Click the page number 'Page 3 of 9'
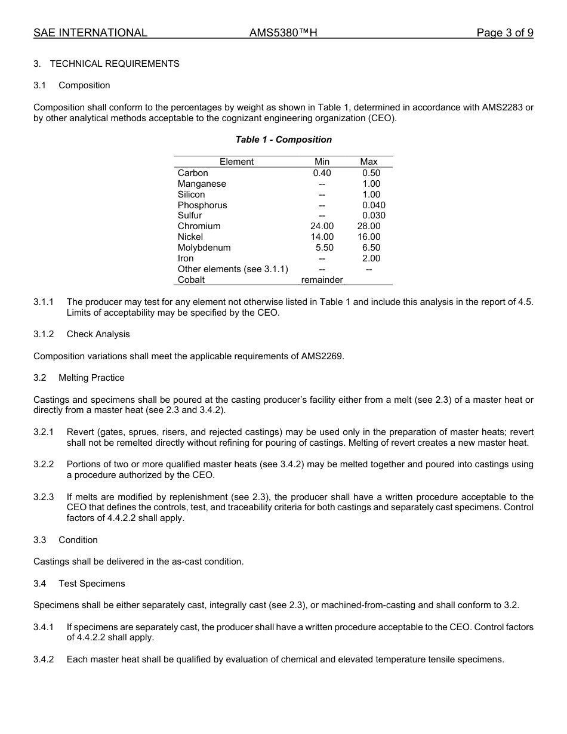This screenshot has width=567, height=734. pos(504,33)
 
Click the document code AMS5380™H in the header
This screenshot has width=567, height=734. pos(283,33)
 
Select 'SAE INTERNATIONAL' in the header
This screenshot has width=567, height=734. pos(90,33)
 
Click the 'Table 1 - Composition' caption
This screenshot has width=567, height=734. pos(283,140)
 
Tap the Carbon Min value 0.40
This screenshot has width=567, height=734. pos(322,173)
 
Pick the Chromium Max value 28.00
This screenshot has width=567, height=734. pos(369,226)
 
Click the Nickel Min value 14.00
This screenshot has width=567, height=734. pos(322,237)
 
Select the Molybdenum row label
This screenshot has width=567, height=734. pos(204,248)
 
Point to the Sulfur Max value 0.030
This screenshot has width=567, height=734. pos(374,215)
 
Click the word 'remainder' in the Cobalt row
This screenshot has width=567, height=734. pos(322,280)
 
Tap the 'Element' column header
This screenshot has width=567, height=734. pos(236,162)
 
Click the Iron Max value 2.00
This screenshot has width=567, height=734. pos(371,258)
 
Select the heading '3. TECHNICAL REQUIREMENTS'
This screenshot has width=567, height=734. pos(106,64)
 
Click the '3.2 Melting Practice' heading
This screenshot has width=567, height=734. pos(79,378)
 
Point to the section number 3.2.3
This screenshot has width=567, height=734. pos(44,497)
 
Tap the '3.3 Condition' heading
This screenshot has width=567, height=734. pos(66,540)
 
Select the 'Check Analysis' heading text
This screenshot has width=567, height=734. pos(98,334)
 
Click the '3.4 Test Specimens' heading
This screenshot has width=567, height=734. pos(79,584)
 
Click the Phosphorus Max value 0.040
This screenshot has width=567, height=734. pos(374,205)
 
